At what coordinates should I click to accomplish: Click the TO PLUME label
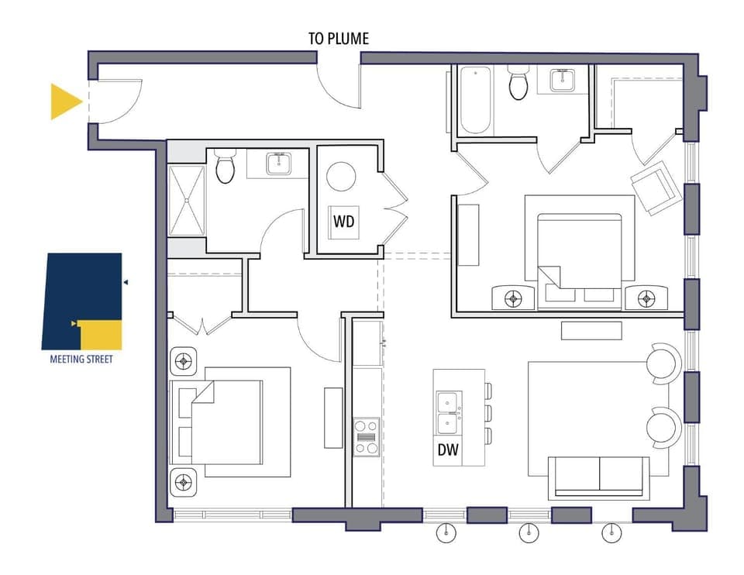click(339, 39)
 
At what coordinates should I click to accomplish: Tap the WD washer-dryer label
click(344, 221)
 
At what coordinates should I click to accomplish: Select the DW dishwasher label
click(448, 449)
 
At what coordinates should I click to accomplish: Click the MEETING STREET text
click(81, 359)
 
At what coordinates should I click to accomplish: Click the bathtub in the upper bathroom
click(475, 100)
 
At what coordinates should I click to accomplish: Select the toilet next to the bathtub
click(518, 82)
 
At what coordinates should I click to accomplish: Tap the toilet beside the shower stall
click(225, 166)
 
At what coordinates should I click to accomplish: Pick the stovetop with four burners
click(367, 437)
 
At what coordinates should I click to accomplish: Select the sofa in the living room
click(599, 477)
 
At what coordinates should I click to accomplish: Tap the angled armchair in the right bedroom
click(655, 188)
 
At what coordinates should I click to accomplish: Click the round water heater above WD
click(341, 177)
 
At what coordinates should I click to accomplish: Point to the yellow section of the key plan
click(100, 335)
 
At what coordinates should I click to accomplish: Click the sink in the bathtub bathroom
click(563, 80)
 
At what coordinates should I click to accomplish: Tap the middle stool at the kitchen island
click(488, 413)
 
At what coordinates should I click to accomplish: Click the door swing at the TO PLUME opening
click(338, 90)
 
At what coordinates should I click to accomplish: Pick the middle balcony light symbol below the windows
click(529, 533)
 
